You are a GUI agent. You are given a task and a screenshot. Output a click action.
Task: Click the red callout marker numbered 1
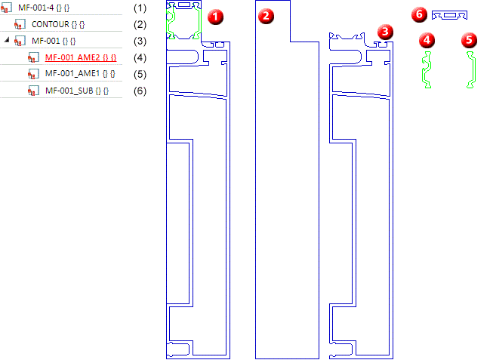(x=215, y=16)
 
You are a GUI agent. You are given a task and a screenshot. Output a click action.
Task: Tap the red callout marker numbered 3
(x=387, y=31)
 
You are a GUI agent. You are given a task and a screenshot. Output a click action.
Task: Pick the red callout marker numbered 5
(x=472, y=38)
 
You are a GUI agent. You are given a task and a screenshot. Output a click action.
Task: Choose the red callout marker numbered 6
(x=420, y=14)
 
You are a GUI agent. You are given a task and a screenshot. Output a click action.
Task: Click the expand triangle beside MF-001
(x=7, y=41)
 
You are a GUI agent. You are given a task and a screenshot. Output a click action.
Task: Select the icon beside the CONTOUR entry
(x=20, y=24)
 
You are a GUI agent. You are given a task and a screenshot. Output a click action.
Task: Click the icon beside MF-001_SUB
(x=32, y=91)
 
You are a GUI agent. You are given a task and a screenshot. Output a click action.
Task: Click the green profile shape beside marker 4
(x=427, y=70)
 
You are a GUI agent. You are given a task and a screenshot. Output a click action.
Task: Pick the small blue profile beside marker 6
(x=450, y=15)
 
